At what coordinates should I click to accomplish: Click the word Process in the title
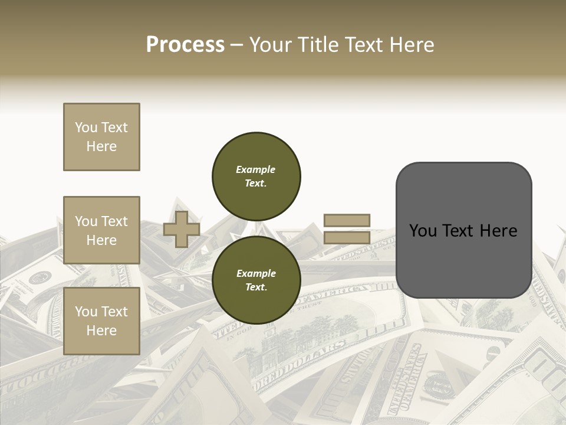click(185, 45)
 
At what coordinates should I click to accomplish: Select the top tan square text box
click(101, 137)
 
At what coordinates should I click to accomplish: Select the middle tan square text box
click(101, 230)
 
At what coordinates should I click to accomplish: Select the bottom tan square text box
click(101, 321)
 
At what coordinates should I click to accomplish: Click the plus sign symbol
click(182, 229)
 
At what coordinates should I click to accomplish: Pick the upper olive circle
click(256, 176)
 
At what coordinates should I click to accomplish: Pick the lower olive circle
click(256, 280)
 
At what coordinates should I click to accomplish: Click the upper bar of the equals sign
click(347, 221)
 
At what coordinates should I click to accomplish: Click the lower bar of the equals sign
click(347, 238)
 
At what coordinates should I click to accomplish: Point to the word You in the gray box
click(423, 231)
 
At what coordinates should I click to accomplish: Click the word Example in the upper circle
click(256, 169)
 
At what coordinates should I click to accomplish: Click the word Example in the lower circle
click(256, 273)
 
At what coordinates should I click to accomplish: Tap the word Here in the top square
click(101, 146)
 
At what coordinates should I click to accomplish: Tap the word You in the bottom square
click(86, 312)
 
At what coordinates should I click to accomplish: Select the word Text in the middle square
click(114, 221)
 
